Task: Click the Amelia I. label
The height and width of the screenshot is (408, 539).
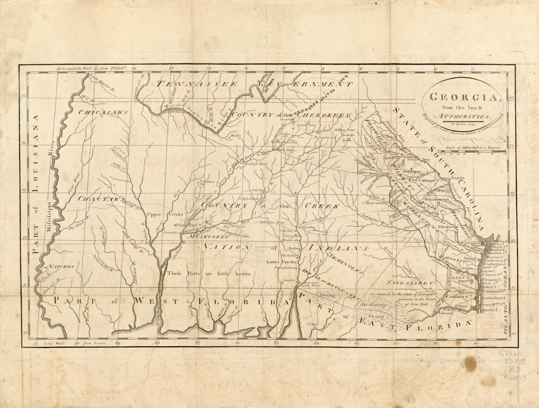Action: [x=492, y=311]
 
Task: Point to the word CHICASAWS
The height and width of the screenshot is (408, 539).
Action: [x=103, y=112]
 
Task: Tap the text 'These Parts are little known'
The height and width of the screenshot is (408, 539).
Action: [x=209, y=273]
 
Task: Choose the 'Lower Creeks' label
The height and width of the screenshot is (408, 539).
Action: [x=280, y=262]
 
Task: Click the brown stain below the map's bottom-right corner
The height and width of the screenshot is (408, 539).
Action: [x=470, y=363]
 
